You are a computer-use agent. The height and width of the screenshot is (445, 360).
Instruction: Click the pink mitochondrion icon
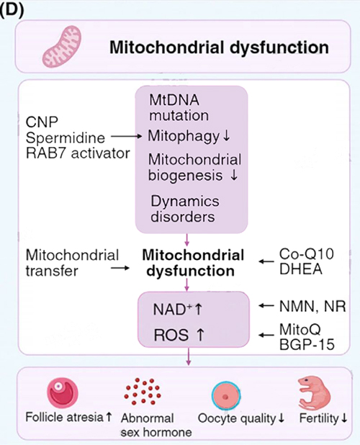click(x=62, y=46)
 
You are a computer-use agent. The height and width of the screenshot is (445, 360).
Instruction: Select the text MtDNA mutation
click(x=179, y=108)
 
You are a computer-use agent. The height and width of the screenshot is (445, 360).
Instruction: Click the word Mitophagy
click(x=184, y=136)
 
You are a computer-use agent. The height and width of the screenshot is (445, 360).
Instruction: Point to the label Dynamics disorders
click(x=185, y=209)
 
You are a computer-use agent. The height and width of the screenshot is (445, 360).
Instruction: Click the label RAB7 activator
click(x=78, y=153)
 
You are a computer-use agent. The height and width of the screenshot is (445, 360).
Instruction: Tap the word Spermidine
click(x=66, y=138)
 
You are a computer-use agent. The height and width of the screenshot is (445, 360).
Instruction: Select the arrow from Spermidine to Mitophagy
click(x=126, y=137)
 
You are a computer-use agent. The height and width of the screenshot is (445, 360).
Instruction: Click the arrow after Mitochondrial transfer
click(x=120, y=268)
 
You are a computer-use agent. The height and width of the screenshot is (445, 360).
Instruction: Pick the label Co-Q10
click(x=307, y=254)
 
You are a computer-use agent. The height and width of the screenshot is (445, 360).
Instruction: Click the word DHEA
click(x=301, y=269)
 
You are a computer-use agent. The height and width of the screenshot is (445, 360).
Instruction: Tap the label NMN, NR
click(x=312, y=307)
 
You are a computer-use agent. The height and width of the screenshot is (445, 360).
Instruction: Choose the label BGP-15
click(x=307, y=344)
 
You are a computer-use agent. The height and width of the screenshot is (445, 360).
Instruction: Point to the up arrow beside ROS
click(x=200, y=335)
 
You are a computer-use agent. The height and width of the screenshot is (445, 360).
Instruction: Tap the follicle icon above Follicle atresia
click(x=63, y=393)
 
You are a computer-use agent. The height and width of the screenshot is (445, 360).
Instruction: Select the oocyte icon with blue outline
click(x=226, y=396)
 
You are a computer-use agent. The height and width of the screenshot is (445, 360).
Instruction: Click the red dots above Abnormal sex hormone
click(x=143, y=391)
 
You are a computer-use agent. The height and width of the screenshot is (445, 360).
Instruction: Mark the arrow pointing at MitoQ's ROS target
click(x=266, y=335)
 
